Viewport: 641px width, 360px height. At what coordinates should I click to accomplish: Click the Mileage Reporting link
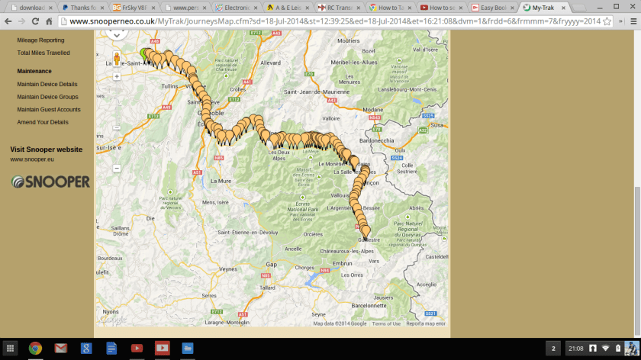[40, 40]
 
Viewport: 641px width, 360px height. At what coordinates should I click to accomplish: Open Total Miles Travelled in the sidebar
[43, 53]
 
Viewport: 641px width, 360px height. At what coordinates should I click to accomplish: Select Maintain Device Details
[47, 84]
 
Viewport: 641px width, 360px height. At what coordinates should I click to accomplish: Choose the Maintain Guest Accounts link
[49, 109]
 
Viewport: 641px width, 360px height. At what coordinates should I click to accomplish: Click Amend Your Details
[43, 122]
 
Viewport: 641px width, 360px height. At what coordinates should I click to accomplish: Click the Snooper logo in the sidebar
[50, 182]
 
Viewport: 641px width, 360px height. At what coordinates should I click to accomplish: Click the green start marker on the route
[144, 54]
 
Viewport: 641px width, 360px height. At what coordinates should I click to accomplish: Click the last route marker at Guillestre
[366, 231]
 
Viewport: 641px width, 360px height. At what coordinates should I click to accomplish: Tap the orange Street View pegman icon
[117, 58]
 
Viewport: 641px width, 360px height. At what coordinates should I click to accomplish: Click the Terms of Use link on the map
[385, 323]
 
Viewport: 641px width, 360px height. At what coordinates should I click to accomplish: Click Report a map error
[425, 323]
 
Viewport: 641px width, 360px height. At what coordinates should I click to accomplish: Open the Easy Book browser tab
[494, 7]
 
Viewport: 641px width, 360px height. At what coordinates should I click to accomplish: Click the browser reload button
[35, 21]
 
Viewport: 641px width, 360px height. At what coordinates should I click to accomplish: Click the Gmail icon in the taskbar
[60, 349]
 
